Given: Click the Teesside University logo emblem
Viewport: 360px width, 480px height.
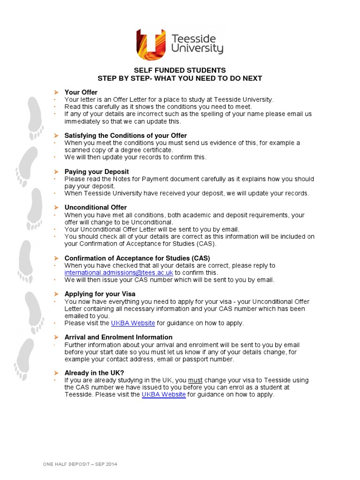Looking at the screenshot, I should click(x=151, y=44).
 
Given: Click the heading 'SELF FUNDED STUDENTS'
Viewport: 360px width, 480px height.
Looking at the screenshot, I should click(x=180, y=70).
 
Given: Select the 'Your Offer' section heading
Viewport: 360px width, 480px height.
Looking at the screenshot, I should click(x=81, y=92).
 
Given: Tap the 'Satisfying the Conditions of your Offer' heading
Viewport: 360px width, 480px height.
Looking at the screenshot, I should click(x=126, y=135).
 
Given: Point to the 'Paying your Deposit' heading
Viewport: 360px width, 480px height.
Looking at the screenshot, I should click(x=97, y=172).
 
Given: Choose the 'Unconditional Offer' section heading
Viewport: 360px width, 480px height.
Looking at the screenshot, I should click(x=96, y=207).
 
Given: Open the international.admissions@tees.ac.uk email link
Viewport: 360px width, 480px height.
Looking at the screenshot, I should click(x=119, y=272).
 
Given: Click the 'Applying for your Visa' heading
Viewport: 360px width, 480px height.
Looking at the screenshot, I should click(x=100, y=294).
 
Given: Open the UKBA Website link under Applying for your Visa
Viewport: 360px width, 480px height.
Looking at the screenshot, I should click(x=133, y=323).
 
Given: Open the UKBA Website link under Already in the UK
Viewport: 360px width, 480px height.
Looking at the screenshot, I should click(x=164, y=395).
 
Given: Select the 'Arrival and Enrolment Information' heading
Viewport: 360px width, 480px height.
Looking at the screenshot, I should click(x=119, y=337).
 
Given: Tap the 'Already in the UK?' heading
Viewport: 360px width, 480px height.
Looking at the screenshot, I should click(x=94, y=373).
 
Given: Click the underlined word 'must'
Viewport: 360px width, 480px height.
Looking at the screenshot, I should click(x=195, y=380).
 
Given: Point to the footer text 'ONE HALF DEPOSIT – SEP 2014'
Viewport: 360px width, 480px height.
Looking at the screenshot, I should click(x=80, y=464).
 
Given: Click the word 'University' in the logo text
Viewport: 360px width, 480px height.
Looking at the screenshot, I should click(x=197, y=48).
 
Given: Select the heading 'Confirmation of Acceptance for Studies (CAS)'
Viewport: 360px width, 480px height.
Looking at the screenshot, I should click(x=137, y=258).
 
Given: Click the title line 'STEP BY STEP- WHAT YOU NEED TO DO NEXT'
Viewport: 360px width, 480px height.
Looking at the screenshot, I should click(x=180, y=78).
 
